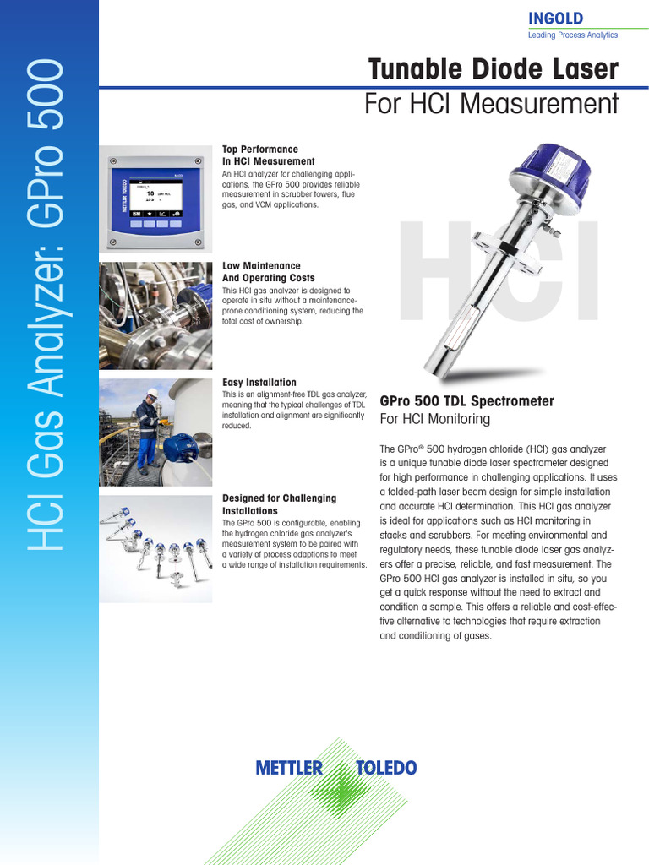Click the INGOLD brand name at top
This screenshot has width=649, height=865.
click(555, 19)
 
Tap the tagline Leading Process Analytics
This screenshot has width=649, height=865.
click(572, 35)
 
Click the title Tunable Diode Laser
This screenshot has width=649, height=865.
click(494, 70)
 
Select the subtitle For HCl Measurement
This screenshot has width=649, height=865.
click(491, 104)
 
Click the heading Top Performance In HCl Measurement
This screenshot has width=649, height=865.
click(268, 155)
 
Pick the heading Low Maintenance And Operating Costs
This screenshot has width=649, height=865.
click(268, 272)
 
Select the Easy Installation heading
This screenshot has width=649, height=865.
click(259, 383)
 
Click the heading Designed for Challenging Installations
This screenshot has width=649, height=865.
click(279, 504)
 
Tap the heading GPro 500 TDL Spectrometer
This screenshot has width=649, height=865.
click(466, 401)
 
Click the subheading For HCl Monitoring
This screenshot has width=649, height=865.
click(434, 419)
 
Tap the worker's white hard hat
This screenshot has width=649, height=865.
click(151, 393)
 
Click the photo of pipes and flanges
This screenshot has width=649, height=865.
click(155, 316)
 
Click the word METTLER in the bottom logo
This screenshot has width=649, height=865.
click(289, 768)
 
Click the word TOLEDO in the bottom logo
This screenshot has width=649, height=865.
click(385, 768)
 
